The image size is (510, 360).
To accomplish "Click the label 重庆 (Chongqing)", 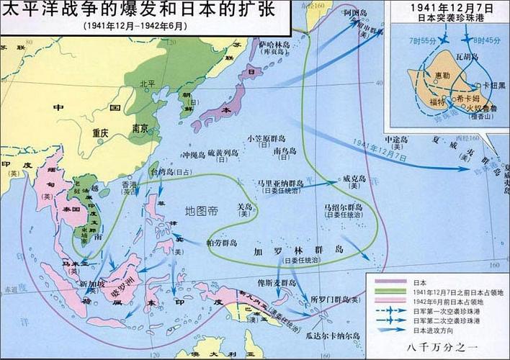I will pos(99,133).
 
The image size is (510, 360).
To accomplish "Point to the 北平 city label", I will pos(148,84).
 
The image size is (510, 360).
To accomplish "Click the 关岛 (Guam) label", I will pos(246,206).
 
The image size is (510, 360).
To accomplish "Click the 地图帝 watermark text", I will pos(200,211).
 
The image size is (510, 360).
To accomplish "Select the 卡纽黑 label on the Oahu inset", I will pos(493,85).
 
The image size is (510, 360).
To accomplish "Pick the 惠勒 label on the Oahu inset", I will pos(442,76).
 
